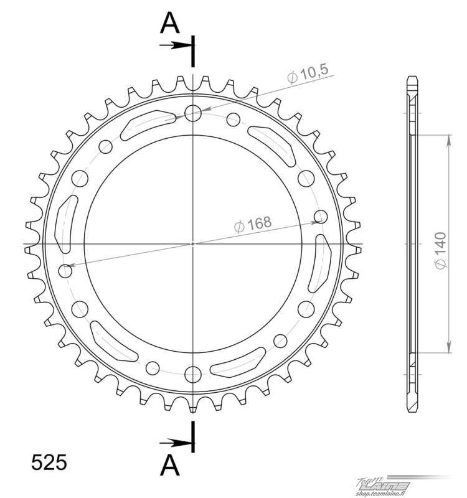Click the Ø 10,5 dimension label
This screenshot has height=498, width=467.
click(308, 74)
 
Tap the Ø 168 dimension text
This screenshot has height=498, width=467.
click(253, 224)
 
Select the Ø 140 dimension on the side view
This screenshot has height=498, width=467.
click(441, 251)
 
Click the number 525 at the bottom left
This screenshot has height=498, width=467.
click(49, 462)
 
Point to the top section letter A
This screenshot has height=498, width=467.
click(170, 23)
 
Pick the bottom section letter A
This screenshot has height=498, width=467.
click(170, 464)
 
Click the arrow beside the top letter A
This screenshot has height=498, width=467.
click(176, 45)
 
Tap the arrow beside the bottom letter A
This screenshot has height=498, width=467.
click(176, 443)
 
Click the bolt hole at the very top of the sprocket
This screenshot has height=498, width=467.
click(193, 113)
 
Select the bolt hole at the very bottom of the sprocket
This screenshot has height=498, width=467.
click(193, 375)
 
